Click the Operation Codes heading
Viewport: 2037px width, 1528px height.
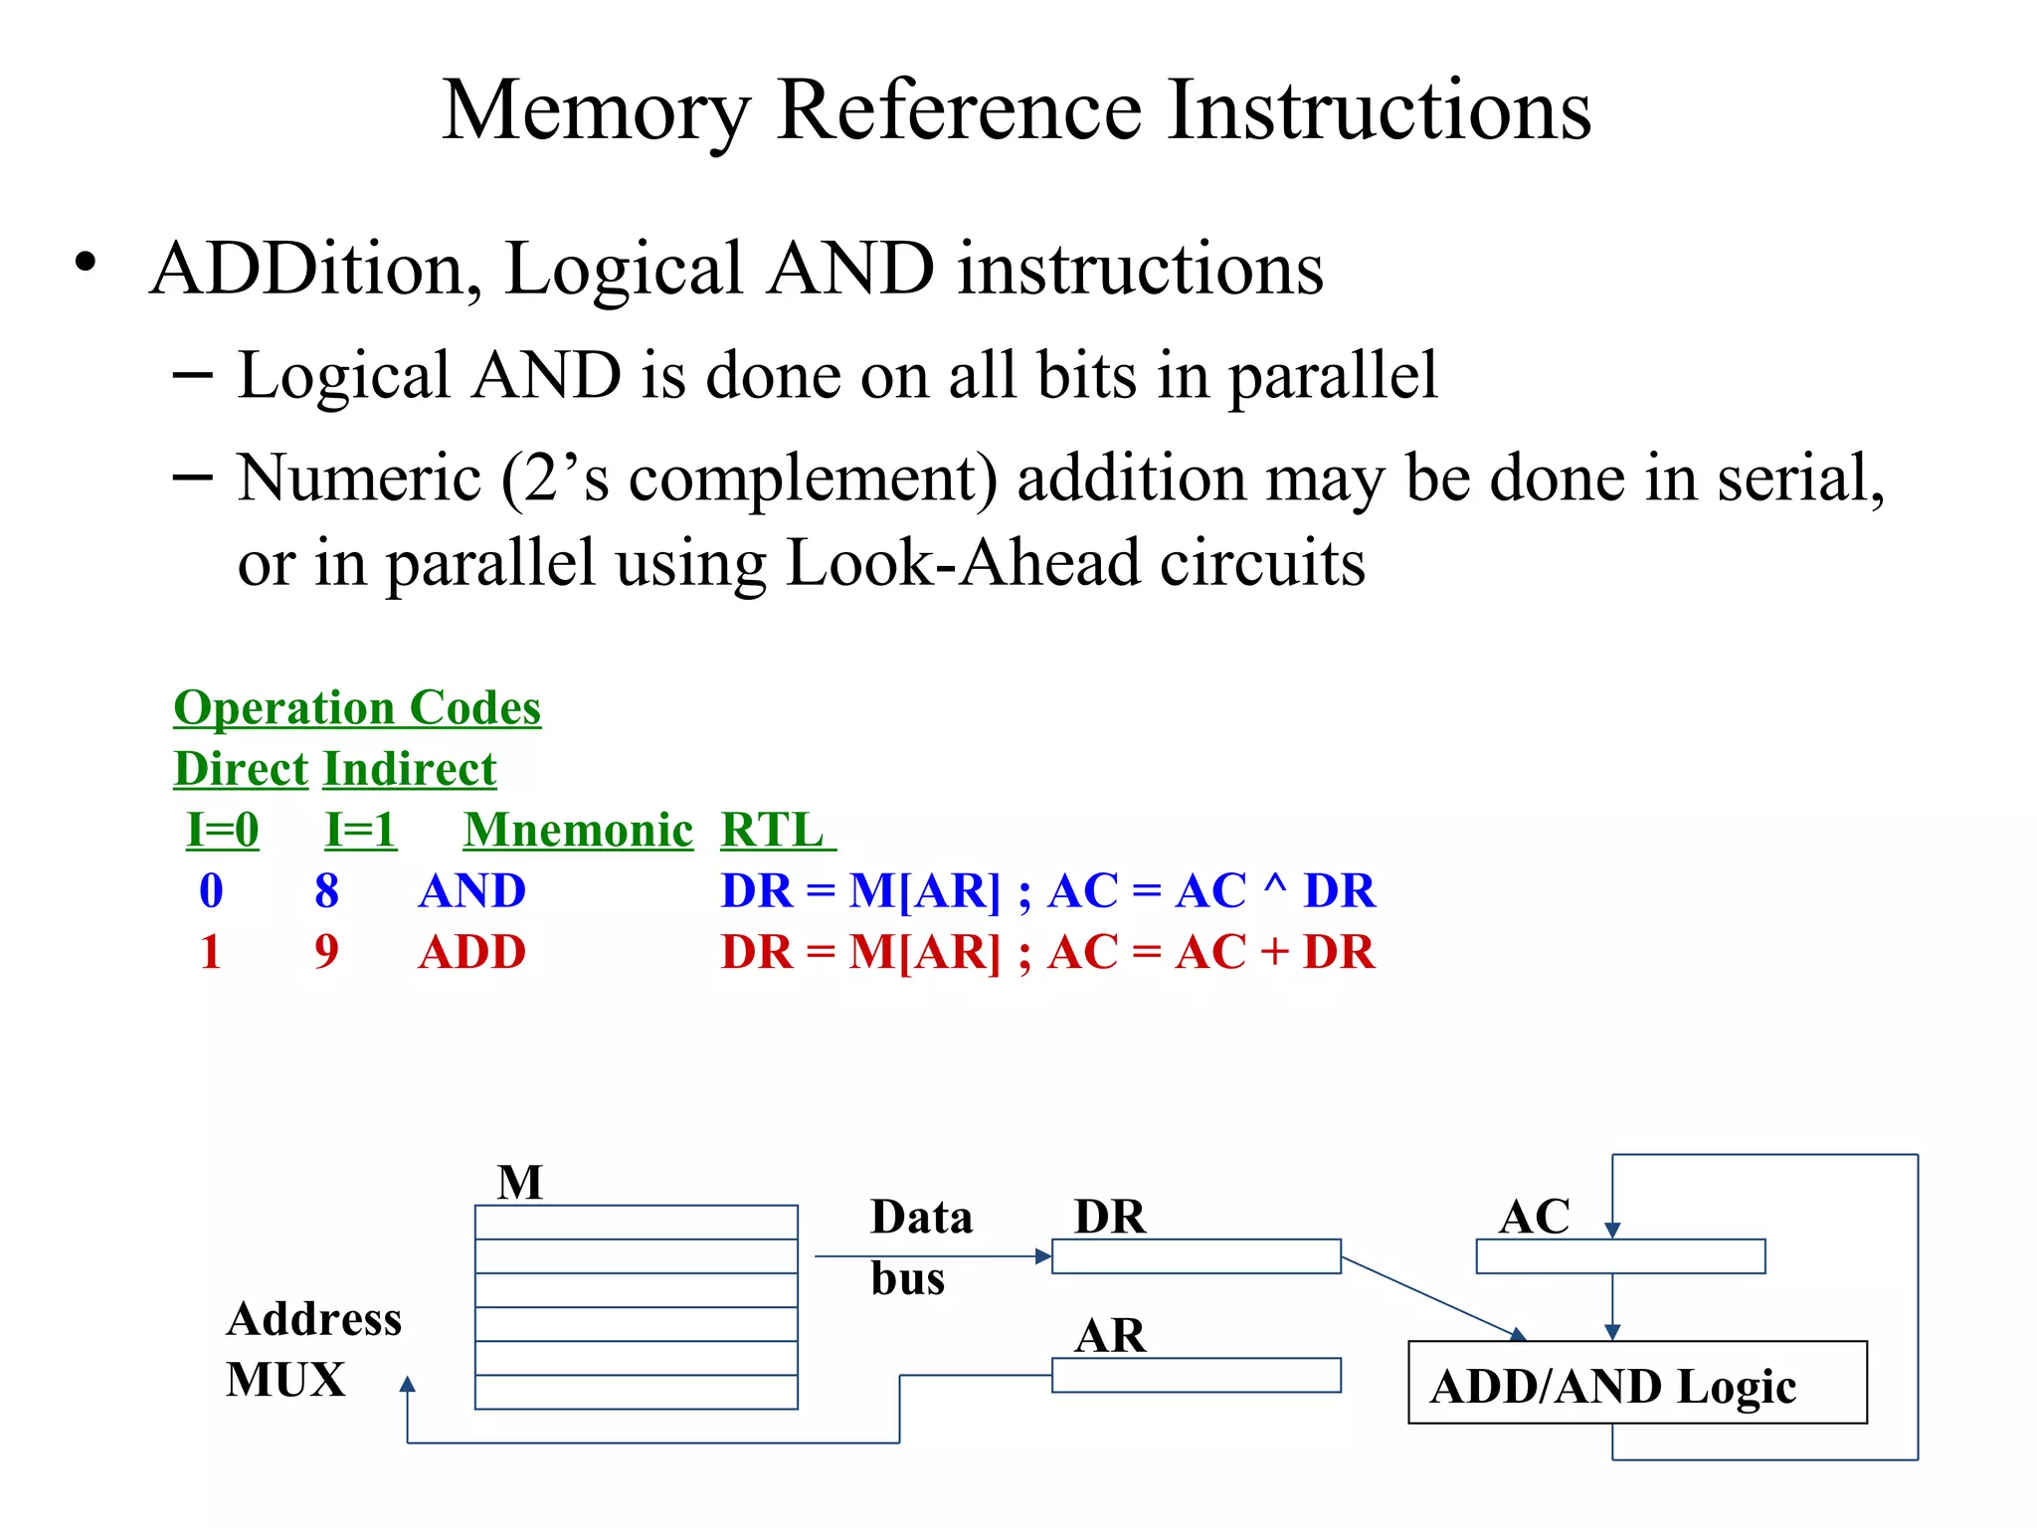click(357, 708)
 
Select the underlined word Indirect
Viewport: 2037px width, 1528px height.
click(410, 769)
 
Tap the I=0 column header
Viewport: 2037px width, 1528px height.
click(223, 830)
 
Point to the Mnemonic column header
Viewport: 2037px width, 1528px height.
click(578, 830)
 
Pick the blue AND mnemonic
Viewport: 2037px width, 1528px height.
click(471, 890)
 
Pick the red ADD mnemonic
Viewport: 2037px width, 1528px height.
click(471, 952)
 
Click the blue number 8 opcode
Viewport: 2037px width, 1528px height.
click(326, 890)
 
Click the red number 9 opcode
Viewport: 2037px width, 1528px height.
click(326, 952)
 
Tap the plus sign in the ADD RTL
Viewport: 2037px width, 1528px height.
click(1274, 952)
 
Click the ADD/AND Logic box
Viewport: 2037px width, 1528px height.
click(1637, 1383)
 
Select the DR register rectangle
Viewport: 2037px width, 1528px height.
click(1196, 1256)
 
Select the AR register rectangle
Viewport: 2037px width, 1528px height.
click(1196, 1375)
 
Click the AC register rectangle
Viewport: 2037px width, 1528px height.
click(1620, 1256)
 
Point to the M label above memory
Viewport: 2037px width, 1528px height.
click(520, 1183)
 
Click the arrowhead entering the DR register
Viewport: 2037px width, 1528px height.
click(1043, 1256)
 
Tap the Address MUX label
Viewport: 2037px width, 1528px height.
click(313, 1349)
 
